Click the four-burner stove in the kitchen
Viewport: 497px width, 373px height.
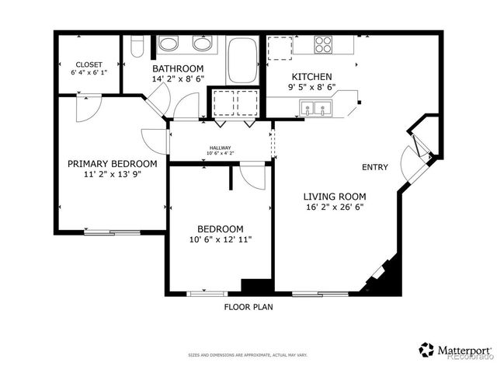coord(324,45)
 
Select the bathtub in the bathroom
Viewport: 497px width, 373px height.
coord(242,59)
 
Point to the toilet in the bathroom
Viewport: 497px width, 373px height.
coord(137,48)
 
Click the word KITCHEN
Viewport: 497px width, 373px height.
coord(311,77)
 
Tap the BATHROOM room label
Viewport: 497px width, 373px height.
coord(178,68)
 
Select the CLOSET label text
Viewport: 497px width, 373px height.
coord(89,64)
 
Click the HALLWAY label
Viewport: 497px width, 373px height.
coord(219,148)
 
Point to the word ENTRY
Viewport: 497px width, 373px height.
coord(375,168)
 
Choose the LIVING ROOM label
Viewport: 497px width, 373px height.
coord(334,197)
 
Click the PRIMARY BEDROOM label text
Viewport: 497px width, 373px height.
coord(112,164)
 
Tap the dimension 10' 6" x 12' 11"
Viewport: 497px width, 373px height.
coord(220,240)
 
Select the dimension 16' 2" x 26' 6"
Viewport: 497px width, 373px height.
coord(334,207)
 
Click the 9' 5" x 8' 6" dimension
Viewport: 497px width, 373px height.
coord(311,88)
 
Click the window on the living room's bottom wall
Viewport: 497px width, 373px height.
coord(320,294)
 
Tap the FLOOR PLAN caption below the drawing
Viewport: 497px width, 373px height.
coord(248,307)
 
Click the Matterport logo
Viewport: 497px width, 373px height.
coord(455,350)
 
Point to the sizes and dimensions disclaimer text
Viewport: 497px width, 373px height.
coord(248,355)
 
